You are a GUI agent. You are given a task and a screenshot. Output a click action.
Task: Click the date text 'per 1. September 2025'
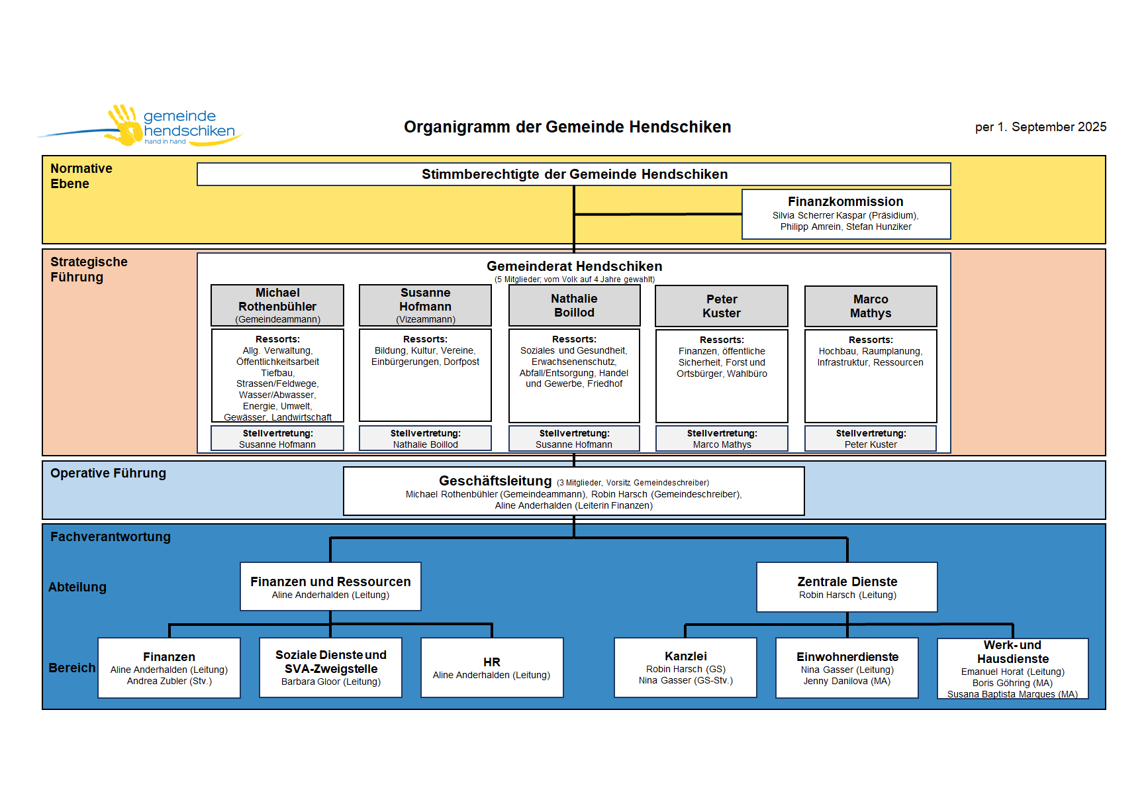(x=1040, y=127)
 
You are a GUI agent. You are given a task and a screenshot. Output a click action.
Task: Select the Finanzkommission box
(x=845, y=214)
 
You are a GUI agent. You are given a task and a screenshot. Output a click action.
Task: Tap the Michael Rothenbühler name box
(x=277, y=305)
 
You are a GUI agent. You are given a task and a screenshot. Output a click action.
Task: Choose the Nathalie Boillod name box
(x=574, y=305)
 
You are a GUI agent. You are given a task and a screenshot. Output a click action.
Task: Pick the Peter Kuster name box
(x=722, y=306)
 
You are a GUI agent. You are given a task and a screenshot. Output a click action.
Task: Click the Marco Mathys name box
(x=871, y=306)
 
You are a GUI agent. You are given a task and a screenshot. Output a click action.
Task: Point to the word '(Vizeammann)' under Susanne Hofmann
(x=426, y=320)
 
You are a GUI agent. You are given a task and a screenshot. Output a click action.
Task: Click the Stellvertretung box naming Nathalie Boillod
(x=425, y=438)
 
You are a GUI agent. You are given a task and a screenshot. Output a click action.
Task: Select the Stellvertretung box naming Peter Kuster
(x=871, y=438)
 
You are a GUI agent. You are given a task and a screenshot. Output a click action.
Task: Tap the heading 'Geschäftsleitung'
(x=495, y=481)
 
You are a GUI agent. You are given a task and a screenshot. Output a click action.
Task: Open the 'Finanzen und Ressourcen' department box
(x=330, y=587)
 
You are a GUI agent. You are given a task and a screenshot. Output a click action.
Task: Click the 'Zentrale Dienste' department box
(x=847, y=587)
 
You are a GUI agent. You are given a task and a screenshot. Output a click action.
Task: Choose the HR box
(x=492, y=668)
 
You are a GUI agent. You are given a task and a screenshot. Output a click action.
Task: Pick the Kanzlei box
(x=685, y=668)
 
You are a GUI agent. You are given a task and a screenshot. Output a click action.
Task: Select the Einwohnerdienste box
(x=847, y=668)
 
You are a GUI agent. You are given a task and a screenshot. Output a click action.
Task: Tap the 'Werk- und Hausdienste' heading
(x=1012, y=652)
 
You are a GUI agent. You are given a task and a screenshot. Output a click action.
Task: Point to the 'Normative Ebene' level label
(x=81, y=176)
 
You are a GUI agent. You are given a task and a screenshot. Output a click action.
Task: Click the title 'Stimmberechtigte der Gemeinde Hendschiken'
(x=574, y=174)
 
